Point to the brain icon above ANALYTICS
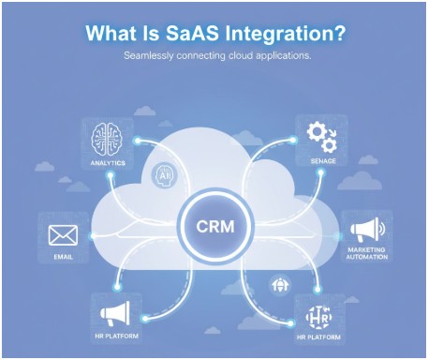(x=109, y=140)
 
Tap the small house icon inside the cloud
(x=278, y=282)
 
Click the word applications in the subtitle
(x=283, y=56)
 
